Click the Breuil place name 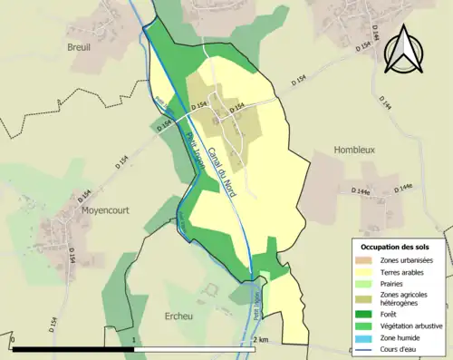80,46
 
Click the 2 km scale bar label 261,340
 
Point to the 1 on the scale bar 134,340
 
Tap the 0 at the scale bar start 14,340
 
